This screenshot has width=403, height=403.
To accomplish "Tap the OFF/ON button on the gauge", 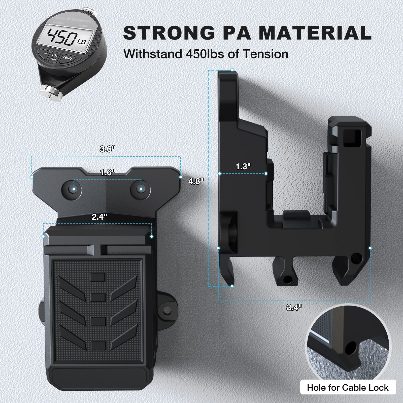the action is tap(54, 57).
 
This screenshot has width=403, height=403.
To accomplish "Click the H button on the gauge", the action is tap(46, 53).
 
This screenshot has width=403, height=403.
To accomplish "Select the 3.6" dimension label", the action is tap(108, 149).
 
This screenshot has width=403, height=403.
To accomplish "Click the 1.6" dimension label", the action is tap(108, 173).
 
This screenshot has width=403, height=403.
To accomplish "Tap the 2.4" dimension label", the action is tap(99, 217).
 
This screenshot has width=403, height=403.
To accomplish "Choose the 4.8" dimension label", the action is tap(196, 181).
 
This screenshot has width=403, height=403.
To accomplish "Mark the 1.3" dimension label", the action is tap(243, 166).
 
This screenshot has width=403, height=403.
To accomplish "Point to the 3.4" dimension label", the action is tap(294, 307).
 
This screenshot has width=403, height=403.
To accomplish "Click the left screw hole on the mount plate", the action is tap(74, 189).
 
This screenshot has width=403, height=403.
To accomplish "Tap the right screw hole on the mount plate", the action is tap(141, 189).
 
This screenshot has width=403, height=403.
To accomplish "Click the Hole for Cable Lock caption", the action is tap(348, 387).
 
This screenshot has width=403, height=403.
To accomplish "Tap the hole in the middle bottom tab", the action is tap(287, 279).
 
